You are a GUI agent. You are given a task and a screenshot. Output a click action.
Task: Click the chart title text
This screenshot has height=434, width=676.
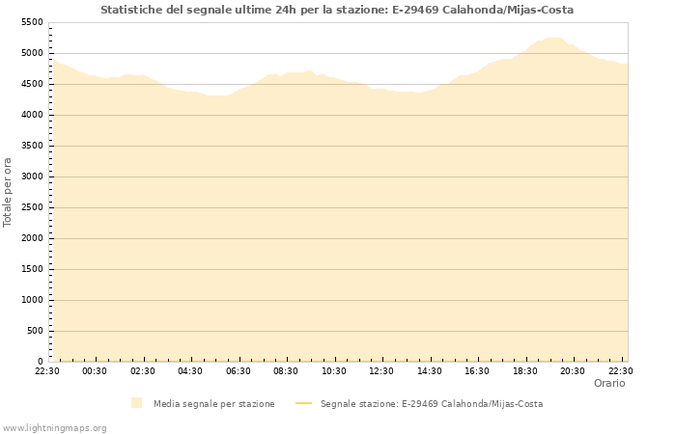pyautogui.click(x=337, y=10)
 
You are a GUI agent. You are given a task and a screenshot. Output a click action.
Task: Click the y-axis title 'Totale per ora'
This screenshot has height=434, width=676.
pyautogui.click(x=9, y=191)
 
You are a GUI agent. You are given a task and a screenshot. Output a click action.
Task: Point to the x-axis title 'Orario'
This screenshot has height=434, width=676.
pyautogui.click(x=608, y=383)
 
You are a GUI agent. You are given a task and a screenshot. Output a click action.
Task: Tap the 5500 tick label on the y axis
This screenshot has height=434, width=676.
pyautogui.click(x=32, y=22)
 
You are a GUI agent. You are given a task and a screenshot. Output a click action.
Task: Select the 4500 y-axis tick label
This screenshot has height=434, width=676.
pyautogui.click(x=32, y=84)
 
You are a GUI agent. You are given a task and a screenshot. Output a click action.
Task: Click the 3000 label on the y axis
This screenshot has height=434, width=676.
pyautogui.click(x=32, y=176)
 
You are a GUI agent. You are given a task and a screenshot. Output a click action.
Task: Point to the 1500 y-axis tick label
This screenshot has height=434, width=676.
pyautogui.click(x=32, y=269)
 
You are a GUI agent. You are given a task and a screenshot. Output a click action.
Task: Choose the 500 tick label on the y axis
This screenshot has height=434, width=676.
pyautogui.click(x=35, y=331)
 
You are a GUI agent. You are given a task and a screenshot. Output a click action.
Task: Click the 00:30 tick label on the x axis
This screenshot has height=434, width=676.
pyautogui.click(x=95, y=370)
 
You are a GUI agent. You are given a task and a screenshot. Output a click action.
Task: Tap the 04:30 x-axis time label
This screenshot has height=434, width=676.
pyautogui.click(x=190, y=370)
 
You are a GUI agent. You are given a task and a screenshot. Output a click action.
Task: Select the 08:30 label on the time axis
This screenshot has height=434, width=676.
pyautogui.click(x=286, y=370)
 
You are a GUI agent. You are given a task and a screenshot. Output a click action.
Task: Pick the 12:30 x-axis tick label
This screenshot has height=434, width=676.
pyautogui.click(x=381, y=370)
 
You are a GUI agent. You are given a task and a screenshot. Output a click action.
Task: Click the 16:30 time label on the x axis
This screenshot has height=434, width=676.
pyautogui.click(x=477, y=370)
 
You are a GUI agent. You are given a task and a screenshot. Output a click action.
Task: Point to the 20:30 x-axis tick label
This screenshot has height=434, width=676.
pyautogui.click(x=573, y=370)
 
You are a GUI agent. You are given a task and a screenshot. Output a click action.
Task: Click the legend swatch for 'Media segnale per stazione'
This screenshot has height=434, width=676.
pyautogui.click(x=137, y=403)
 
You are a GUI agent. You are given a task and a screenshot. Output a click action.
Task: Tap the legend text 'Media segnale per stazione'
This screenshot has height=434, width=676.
pyautogui.click(x=213, y=403)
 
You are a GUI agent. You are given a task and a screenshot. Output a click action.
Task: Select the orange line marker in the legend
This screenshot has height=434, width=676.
pyautogui.click(x=303, y=403)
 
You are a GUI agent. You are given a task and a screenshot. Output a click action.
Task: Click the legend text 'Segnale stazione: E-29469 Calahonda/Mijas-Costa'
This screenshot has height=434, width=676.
pyautogui.click(x=431, y=403)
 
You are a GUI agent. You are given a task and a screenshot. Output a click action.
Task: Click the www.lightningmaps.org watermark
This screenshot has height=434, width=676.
pyautogui.click(x=54, y=427)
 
